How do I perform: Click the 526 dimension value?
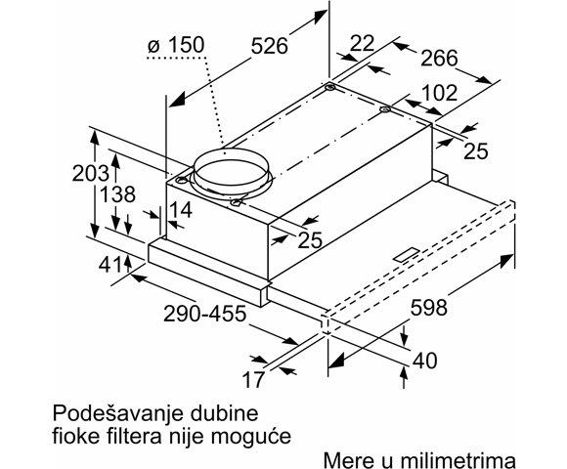tap(270, 46)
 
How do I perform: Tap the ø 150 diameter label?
tap(176, 45)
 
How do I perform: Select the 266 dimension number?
tap(439, 58)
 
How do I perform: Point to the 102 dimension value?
tap(439, 93)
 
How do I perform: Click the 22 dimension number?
tap(362, 43)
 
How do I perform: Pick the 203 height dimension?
tap(90, 173)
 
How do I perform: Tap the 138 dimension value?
tap(117, 194)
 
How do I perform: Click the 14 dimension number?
tap(181, 209)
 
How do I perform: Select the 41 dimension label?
tap(110, 266)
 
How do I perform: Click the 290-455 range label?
tap(204, 314)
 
